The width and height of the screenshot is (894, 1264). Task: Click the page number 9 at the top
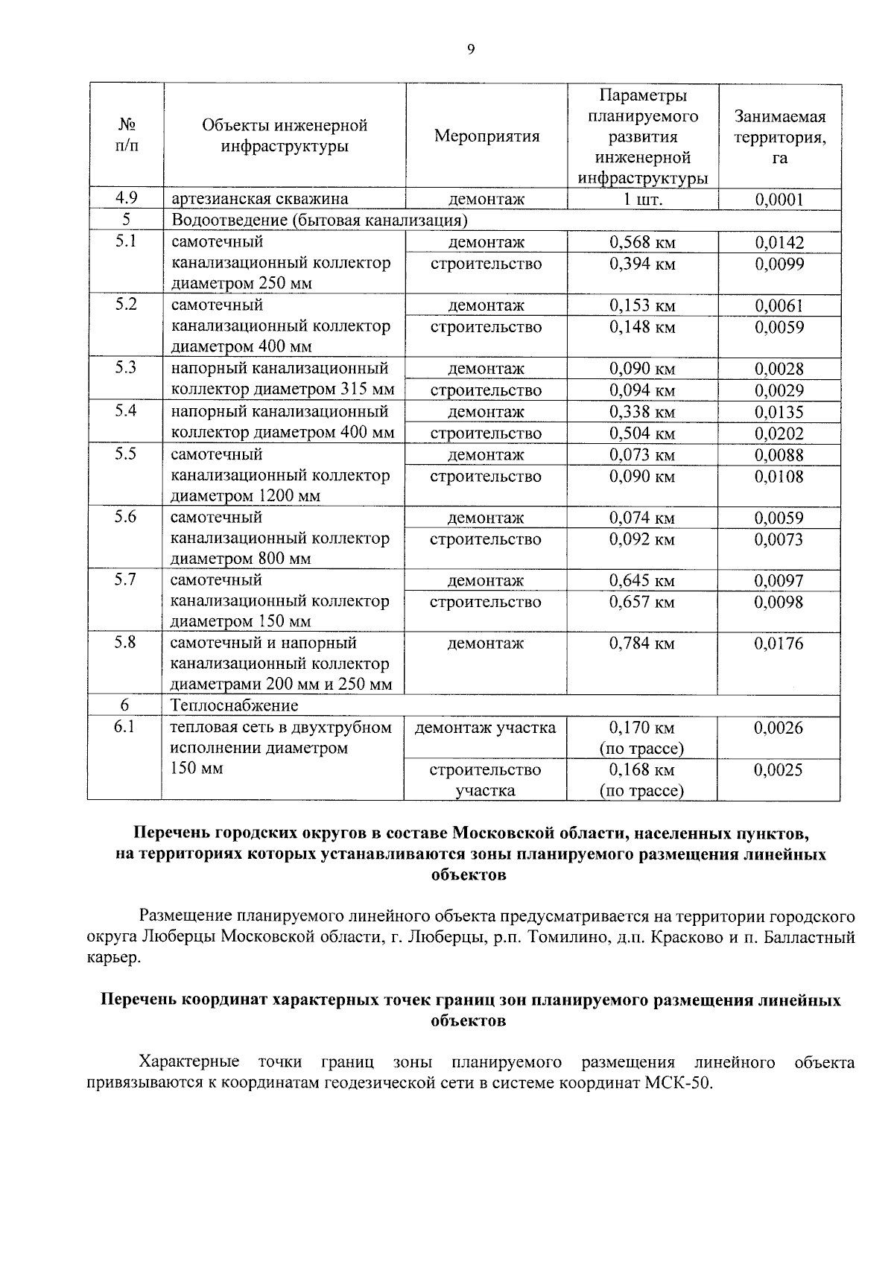pos(470,50)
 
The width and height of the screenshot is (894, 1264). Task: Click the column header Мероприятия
pos(486,136)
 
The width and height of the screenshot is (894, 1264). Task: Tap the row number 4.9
pos(126,198)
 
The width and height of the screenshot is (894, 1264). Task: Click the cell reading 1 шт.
pos(642,199)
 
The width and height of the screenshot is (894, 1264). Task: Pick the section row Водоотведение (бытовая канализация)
pos(319,220)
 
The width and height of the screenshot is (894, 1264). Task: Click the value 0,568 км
pos(642,242)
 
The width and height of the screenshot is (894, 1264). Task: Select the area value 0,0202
pos(779,433)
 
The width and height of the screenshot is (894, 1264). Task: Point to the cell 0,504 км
pos(642,433)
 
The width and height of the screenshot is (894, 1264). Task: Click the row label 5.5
pos(126,454)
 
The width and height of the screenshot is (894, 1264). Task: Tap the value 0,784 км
pos(642,643)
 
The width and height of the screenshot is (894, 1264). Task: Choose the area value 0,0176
pos(779,643)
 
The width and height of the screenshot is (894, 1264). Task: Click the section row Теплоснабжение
pos(234,705)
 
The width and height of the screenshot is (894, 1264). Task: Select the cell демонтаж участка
pos(485,728)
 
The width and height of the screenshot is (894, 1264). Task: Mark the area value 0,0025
pos(779,769)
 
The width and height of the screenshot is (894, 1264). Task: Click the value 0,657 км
pos(642,602)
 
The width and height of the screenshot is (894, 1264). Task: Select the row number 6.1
pos(124,728)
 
